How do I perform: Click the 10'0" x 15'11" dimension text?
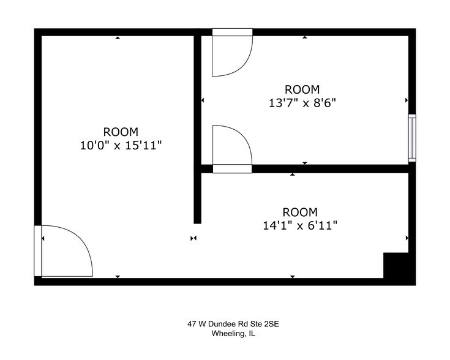[x=121, y=145]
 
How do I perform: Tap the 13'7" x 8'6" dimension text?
[x=302, y=103]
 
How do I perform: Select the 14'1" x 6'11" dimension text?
[x=300, y=225]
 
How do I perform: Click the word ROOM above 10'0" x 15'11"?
[x=121, y=132]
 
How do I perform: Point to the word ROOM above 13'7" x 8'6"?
[x=302, y=89]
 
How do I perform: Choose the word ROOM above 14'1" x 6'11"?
[x=300, y=212]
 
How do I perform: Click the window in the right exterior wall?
[x=412, y=138]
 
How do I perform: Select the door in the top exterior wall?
[x=233, y=52]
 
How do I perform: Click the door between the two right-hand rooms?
[x=232, y=149]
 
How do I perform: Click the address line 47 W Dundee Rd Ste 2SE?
[x=233, y=324]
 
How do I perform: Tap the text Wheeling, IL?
[x=233, y=334]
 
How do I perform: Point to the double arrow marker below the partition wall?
[x=193, y=238]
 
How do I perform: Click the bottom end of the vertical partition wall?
[x=197, y=223]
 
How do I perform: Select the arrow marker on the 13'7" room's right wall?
[x=407, y=100]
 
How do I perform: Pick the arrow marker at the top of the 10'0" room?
[x=118, y=37]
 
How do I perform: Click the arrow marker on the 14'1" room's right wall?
[x=407, y=238]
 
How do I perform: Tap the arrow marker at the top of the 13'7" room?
[x=305, y=37]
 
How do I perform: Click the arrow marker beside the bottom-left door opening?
[x=43, y=239]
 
